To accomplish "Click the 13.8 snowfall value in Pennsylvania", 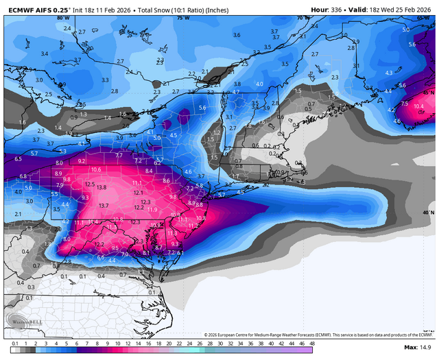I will [102, 187].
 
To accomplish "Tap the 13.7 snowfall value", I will [104, 206].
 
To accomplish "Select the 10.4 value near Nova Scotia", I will [419, 106].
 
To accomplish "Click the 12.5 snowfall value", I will [89, 184].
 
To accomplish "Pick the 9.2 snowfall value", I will [82, 160].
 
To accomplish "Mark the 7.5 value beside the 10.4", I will [404, 104].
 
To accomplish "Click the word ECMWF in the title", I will [19, 10].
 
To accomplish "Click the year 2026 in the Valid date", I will [425, 10].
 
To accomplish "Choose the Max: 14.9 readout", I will [420, 348].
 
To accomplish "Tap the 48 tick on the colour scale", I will [312, 342].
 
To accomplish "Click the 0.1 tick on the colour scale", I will [14, 342].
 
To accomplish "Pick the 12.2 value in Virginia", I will [99, 244].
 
